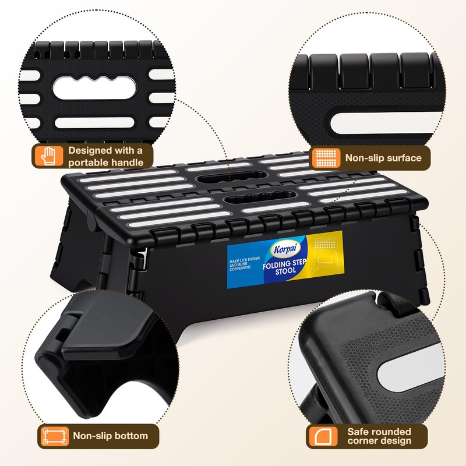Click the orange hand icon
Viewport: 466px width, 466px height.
pos(49,156)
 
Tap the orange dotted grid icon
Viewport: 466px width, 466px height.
pos(326,158)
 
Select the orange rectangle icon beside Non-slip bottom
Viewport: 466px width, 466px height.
pos(55,436)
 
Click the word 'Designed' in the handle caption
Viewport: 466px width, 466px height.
pos(90,150)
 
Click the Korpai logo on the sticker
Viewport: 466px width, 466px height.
pos(285,249)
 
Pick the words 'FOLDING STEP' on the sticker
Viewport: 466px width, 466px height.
pos(284,264)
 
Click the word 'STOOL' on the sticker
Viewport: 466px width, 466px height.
pos(285,271)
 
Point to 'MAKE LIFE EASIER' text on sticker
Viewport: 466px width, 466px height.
pos(245,260)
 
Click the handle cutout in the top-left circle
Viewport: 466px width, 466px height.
pos(95,88)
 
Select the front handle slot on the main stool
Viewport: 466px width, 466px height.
pos(260,197)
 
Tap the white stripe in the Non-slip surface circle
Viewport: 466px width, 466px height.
pos(386,123)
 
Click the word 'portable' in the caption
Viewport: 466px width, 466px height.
pos(85,163)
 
